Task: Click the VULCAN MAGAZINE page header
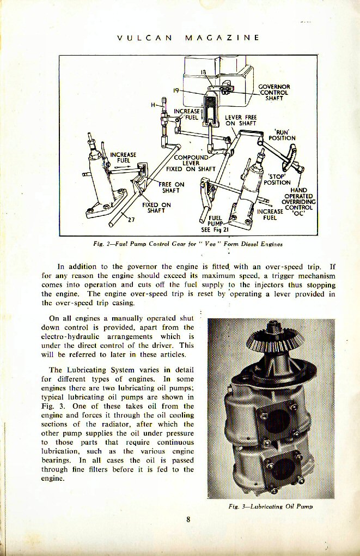click(x=188, y=38)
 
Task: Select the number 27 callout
click(x=131, y=221)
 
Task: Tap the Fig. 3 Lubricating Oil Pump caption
click(x=271, y=506)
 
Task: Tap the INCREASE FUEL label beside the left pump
click(x=123, y=158)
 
